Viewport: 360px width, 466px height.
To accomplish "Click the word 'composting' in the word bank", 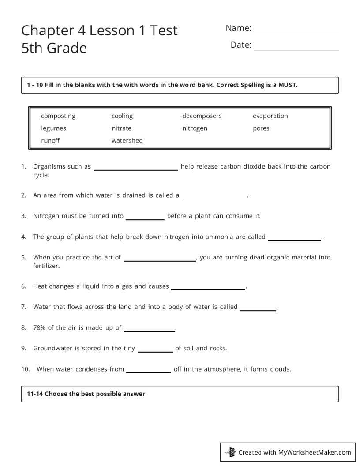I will click(58, 116).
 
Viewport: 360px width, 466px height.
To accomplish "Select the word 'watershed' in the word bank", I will click(127, 141).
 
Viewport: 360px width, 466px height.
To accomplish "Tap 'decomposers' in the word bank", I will click(202, 116).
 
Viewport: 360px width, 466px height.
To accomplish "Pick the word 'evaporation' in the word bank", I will click(270, 116).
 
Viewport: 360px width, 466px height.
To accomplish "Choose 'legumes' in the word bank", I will click(53, 128).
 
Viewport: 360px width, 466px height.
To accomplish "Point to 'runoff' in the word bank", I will click(50, 141).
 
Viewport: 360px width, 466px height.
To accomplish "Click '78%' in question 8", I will click(39, 327).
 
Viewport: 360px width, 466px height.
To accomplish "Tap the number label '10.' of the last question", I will click(25, 369).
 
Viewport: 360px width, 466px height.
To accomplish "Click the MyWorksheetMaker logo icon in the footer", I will click(231, 452).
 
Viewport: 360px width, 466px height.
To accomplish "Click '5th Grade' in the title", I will click(54, 48).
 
